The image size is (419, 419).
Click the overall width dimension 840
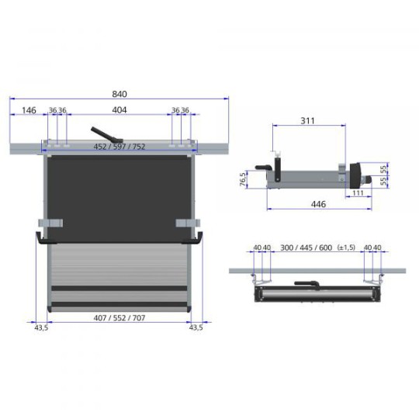point(119,93)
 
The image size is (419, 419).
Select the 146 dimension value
point(28,110)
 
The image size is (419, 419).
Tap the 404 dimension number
point(119,110)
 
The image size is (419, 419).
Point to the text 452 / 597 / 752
point(119,146)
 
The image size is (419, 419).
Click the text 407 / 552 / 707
point(119,317)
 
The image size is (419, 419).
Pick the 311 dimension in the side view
point(308,121)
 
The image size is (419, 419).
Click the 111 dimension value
point(358,192)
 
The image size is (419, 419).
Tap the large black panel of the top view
point(119,194)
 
